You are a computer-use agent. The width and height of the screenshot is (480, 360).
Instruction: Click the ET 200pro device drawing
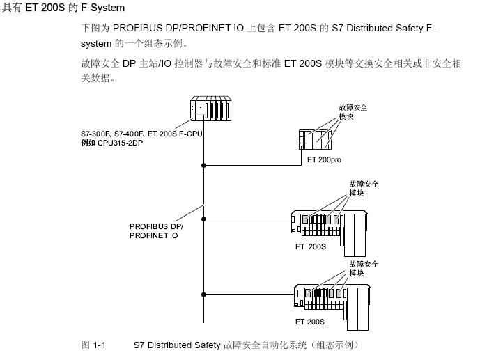pyautogui.click(x=316, y=139)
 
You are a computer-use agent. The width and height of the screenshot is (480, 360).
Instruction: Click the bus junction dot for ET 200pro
pyautogui.click(x=203, y=166)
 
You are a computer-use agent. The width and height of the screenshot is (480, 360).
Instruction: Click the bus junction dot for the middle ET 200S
pyautogui.click(x=203, y=219)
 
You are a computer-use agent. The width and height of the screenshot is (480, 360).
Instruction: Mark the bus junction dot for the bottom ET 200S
pyautogui.click(x=203, y=292)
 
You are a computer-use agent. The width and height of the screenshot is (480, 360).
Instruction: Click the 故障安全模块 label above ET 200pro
pyautogui.click(x=353, y=112)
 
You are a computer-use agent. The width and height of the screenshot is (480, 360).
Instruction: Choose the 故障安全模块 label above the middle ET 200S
pyautogui.click(x=364, y=188)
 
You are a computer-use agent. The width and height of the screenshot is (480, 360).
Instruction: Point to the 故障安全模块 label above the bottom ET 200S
pyautogui.click(x=364, y=268)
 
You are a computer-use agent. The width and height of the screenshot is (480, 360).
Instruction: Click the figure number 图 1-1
pyautogui.click(x=93, y=345)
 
